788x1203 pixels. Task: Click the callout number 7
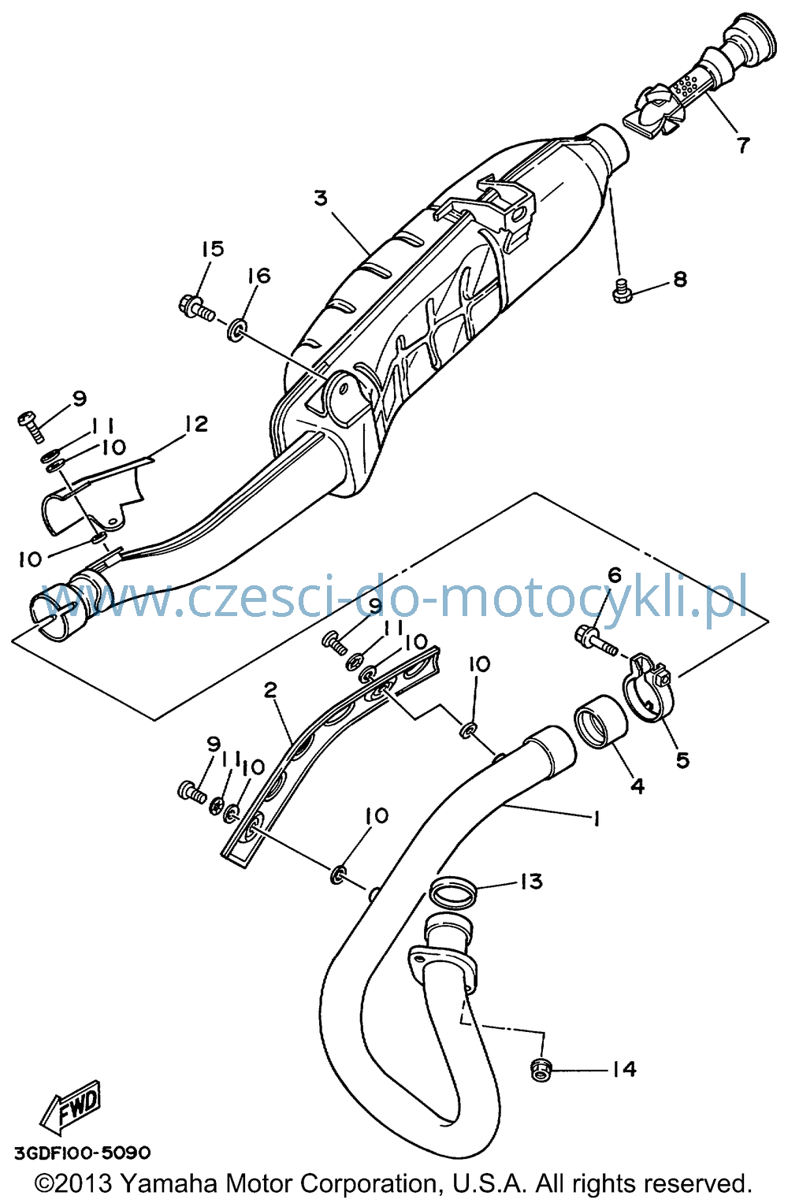point(742,145)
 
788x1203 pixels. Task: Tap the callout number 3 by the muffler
point(321,198)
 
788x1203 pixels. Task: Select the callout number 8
point(680,279)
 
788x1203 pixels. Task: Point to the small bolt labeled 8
point(622,291)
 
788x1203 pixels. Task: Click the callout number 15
point(214,249)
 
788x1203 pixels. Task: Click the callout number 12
point(196,425)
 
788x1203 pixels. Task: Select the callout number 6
point(615,575)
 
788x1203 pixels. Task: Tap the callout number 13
point(530,882)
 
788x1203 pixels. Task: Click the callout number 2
point(270,691)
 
